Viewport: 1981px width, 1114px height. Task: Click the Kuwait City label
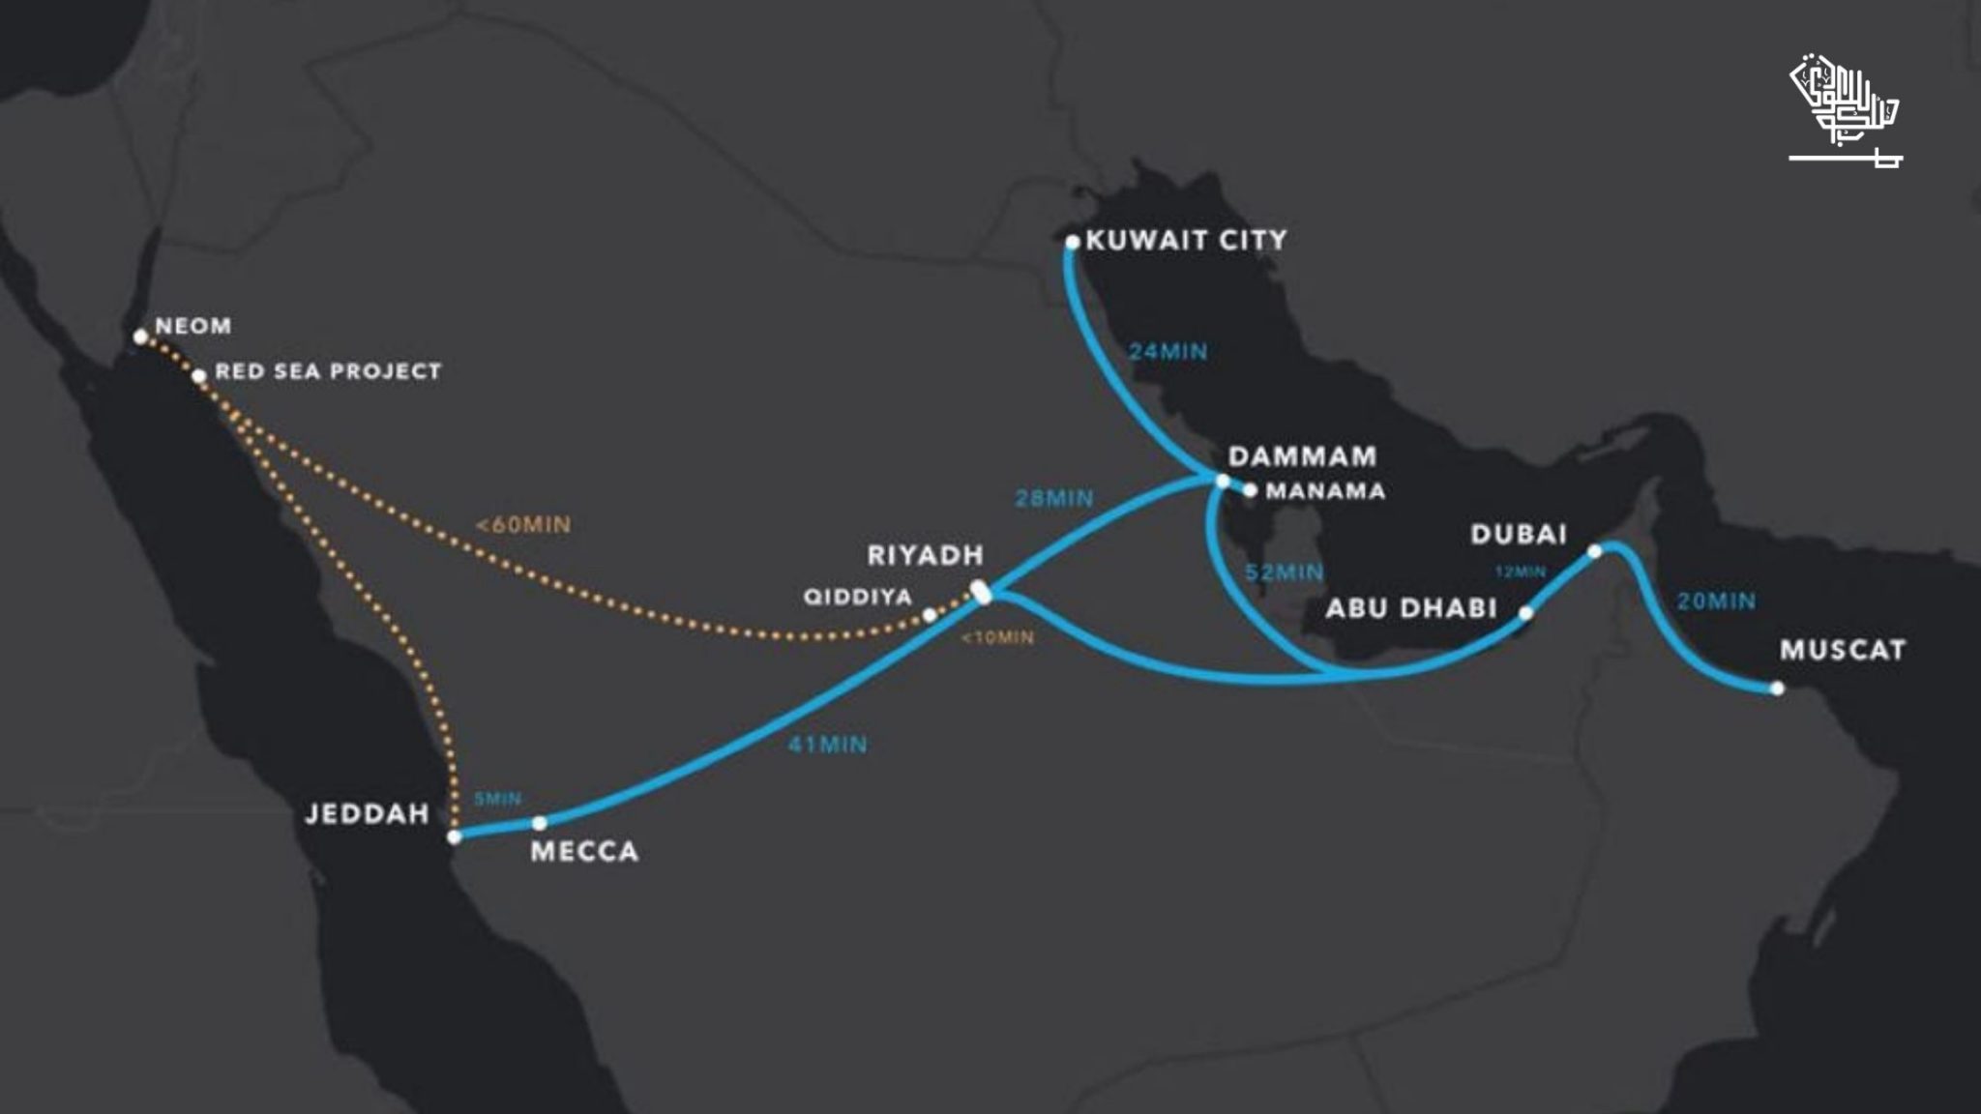[1186, 240]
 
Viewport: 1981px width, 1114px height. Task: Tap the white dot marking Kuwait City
[1072, 242]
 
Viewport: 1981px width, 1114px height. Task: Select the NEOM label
[193, 326]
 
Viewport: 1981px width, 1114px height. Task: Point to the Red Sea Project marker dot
[198, 376]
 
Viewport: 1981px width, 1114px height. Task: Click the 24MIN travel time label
[1168, 352]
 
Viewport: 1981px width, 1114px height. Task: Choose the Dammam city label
[1302, 455]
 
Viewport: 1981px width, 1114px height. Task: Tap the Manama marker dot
[1250, 491]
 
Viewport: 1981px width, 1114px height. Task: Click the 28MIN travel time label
[1054, 499]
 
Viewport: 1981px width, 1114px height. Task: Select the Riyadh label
[925, 555]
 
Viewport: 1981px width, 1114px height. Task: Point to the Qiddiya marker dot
[929, 615]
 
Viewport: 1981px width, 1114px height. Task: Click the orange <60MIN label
[523, 525]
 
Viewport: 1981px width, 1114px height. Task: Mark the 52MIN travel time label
[1284, 572]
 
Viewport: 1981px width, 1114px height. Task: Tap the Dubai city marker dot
[1595, 551]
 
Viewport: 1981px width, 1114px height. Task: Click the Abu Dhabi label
[1410, 608]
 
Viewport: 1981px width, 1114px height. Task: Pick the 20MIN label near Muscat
[1716, 601]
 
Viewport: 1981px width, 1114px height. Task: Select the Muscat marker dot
[1777, 689]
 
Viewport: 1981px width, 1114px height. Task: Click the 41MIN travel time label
[828, 745]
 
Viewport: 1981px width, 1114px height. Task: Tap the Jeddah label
[367, 813]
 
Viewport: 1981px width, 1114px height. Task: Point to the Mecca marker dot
[540, 823]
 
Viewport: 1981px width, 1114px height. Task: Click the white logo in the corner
[1845, 112]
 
